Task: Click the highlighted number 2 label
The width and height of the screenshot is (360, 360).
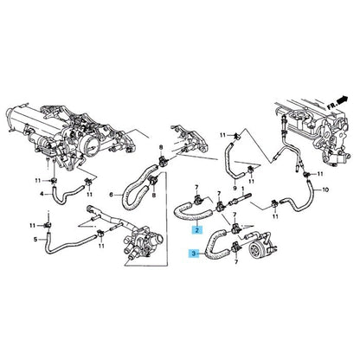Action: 197,231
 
